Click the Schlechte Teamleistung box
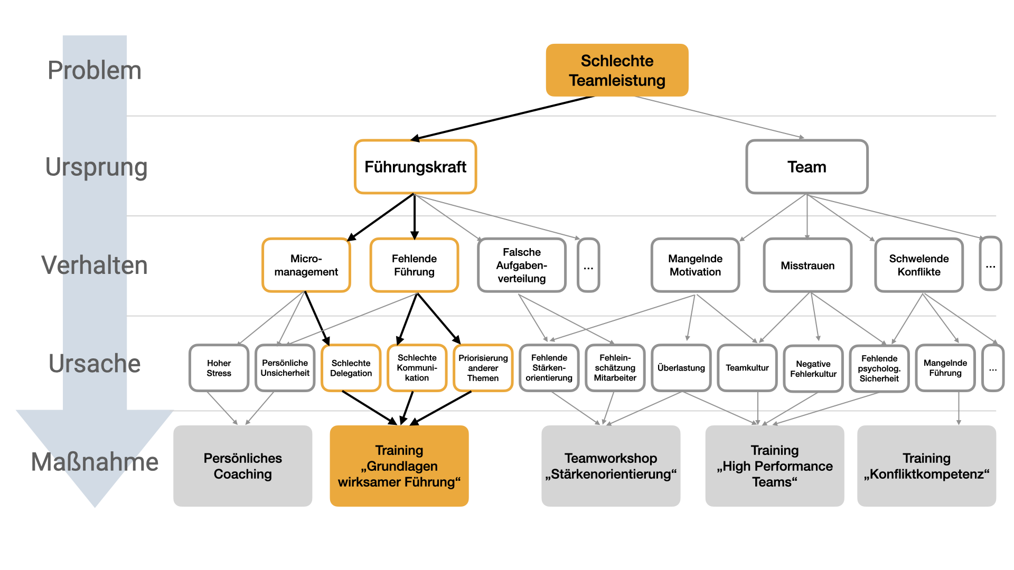coord(617,70)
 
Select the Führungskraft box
coord(415,167)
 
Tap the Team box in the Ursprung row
coord(806,167)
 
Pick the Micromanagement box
coord(306,265)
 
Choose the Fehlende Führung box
coord(414,265)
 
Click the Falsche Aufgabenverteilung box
coord(521,265)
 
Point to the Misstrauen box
coord(808,265)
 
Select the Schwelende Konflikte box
coord(918,265)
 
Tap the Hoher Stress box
coord(219,368)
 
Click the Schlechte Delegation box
coord(351,368)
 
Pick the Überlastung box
coord(681,368)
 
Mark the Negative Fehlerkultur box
coord(813,368)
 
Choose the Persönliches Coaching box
coord(242,466)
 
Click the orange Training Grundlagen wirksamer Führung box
coord(399,466)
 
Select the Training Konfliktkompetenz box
coord(926,466)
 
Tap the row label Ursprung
coord(96,167)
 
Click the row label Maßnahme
coord(95,462)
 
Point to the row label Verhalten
coord(95,265)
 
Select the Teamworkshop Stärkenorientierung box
coord(611,466)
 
